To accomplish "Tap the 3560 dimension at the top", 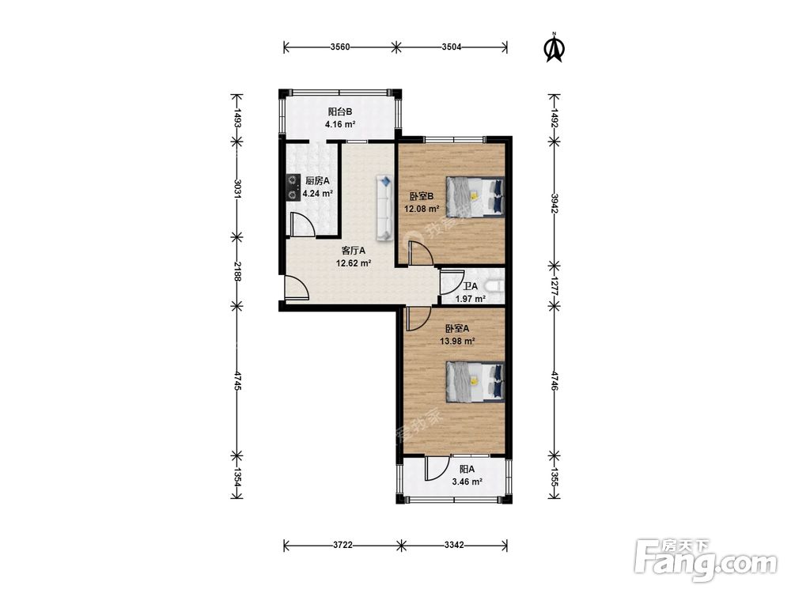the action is point(340,47).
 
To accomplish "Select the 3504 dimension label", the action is point(452,47).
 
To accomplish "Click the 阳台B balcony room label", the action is point(339,111).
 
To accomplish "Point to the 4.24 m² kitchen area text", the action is point(317,193).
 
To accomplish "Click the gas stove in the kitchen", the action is point(293,187).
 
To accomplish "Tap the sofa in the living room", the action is point(384,208).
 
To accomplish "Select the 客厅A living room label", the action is point(353,250).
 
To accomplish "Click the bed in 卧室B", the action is point(475,197).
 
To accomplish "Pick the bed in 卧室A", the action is point(475,382).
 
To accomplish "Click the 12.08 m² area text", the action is point(422,208).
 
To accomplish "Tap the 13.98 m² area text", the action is point(457,341).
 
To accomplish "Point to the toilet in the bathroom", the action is point(494,286).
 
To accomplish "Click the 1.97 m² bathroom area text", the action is point(470,299).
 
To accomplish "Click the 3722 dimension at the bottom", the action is point(343,545).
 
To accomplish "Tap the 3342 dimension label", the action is point(454,545).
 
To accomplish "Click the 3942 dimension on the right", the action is point(554,204).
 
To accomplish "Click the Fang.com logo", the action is point(706,559).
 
